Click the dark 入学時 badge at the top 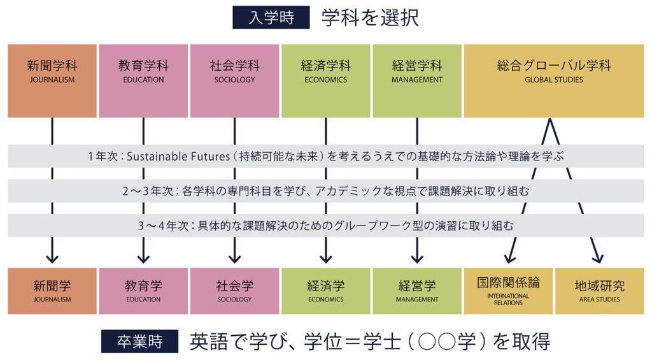click(271, 17)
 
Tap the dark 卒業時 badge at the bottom click(139, 342)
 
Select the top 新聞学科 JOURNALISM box click(52, 81)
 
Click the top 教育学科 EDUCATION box click(143, 81)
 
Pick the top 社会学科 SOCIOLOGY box click(234, 81)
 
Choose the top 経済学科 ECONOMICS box click(325, 81)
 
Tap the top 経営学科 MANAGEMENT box click(417, 81)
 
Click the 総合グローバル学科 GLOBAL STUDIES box click(554, 81)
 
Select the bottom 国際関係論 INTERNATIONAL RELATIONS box click(508, 291)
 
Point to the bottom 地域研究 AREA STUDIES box click(600, 291)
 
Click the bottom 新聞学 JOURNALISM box click(52, 291)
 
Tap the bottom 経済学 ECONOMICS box click(325, 291)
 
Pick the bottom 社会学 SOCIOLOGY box click(234, 291)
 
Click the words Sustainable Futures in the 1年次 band click(178, 157)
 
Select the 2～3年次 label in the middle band click(147, 191)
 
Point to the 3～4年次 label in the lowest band click(164, 226)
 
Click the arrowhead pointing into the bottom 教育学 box click(143, 258)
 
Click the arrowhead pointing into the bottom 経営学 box click(417, 258)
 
